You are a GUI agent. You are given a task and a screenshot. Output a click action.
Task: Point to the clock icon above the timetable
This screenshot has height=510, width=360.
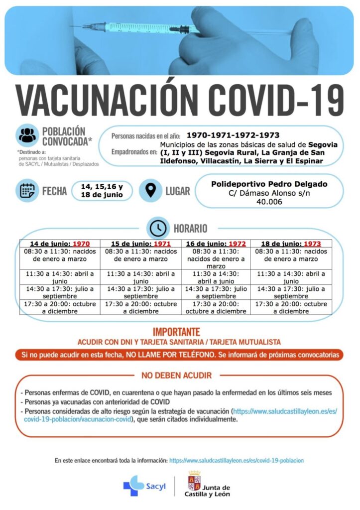click(x=158, y=228)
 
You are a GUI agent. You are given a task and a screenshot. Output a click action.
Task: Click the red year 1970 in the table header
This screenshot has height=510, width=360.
click(x=81, y=244)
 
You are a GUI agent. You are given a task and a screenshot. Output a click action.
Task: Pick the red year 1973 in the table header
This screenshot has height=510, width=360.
click(x=312, y=244)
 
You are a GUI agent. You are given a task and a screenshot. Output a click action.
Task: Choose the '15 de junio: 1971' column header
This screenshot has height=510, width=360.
click(x=140, y=244)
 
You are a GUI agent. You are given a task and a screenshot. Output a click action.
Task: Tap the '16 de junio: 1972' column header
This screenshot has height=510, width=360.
click(x=216, y=244)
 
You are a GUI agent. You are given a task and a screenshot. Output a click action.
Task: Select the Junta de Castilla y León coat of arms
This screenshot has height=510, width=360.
click(x=194, y=482)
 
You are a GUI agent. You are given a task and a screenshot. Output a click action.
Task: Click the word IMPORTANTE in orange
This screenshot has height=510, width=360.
click(x=176, y=332)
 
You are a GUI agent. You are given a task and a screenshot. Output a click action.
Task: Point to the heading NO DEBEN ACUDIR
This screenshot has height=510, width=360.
click(x=176, y=375)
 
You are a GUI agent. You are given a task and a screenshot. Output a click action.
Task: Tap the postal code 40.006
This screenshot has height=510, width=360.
click(x=269, y=201)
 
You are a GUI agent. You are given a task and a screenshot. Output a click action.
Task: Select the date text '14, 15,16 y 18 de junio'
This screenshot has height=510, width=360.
click(x=102, y=190)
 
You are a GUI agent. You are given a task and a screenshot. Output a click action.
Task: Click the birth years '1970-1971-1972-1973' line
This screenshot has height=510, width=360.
click(x=233, y=135)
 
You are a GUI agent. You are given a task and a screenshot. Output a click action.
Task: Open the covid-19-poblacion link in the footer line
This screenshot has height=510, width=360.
click(x=236, y=461)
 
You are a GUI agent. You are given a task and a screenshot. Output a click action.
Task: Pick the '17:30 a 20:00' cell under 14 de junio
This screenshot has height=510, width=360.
click(x=60, y=307)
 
